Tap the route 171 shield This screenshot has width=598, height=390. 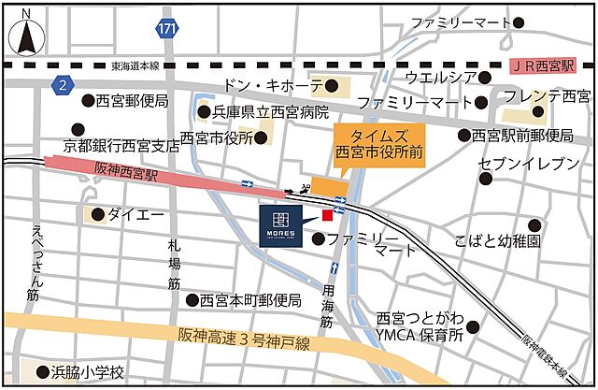pyautogui.click(x=166, y=28)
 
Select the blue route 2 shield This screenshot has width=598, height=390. pyautogui.click(x=63, y=84)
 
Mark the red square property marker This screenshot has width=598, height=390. pyautogui.click(x=327, y=216)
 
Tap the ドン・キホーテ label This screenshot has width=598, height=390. pyautogui.click(x=272, y=86)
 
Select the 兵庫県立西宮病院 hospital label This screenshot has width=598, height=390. pyautogui.click(x=270, y=112)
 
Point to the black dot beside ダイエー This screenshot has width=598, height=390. pyautogui.click(x=97, y=214)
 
